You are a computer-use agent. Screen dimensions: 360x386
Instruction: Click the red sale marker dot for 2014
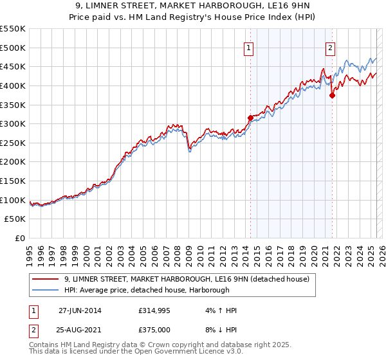[250, 118]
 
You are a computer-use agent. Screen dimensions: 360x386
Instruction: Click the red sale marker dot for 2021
[332, 95]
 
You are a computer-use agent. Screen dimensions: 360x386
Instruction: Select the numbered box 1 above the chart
[248, 46]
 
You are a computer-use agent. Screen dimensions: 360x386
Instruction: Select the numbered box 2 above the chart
[330, 46]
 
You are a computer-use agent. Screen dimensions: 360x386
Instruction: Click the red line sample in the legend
[45, 279]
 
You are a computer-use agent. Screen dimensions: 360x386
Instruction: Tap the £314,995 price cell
[156, 310]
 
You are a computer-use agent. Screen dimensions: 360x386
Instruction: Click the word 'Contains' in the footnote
[44, 345]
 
